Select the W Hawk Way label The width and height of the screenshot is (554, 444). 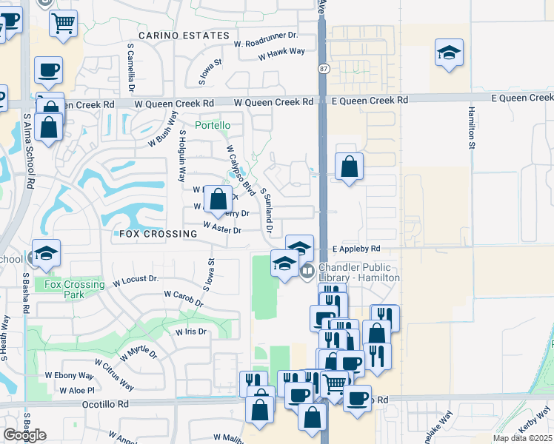(281, 51)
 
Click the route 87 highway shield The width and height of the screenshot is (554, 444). (324, 69)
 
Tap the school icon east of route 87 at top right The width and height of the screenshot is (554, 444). (449, 53)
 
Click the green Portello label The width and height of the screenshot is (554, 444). (213, 126)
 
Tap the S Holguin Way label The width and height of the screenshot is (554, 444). (181, 156)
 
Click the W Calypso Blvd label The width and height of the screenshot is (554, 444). (242, 172)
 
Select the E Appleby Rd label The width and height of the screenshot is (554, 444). (356, 249)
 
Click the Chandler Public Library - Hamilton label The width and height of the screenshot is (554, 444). (359, 272)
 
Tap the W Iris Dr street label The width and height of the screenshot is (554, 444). (192, 332)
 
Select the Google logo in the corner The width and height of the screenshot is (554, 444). (24, 435)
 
